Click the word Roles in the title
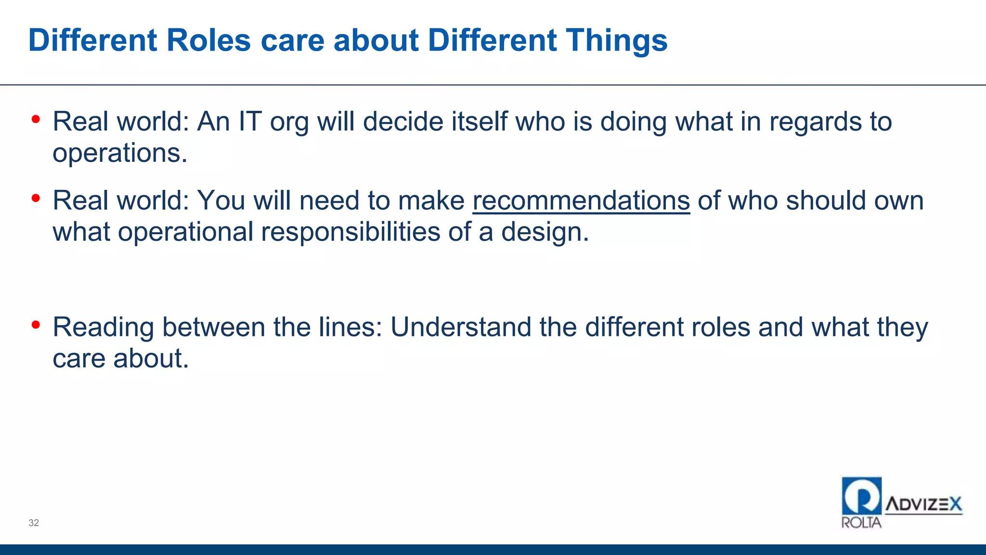[x=208, y=40]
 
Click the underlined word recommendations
[x=581, y=201]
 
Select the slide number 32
[x=34, y=523]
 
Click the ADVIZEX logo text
[x=923, y=504]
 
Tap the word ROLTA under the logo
[x=861, y=523]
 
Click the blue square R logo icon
[x=861, y=496]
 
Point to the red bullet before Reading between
[x=36, y=325]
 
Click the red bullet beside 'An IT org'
[x=36, y=119]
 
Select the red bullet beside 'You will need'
[x=36, y=198]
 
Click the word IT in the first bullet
[x=250, y=121]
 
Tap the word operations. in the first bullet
[x=120, y=153]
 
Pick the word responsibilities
[x=350, y=232]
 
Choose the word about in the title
[x=376, y=40]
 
